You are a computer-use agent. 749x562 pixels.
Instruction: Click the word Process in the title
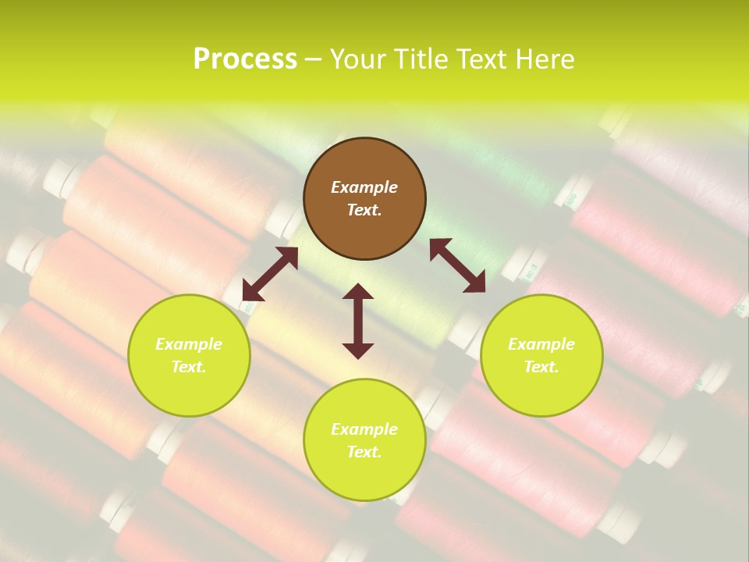pyautogui.click(x=245, y=59)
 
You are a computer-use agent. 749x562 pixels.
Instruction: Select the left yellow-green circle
pyautogui.click(x=189, y=390)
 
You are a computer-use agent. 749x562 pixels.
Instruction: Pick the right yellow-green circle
pyautogui.click(x=541, y=390)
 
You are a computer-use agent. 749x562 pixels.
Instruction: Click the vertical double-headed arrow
pyautogui.click(x=358, y=322)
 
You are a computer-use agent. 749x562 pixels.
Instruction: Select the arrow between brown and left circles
pyautogui.click(x=270, y=274)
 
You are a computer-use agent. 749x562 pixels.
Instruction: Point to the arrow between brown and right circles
pyautogui.click(x=457, y=265)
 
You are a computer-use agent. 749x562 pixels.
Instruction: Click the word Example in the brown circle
pyautogui.click(x=364, y=187)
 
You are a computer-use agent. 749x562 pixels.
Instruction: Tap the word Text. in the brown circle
pyautogui.click(x=364, y=210)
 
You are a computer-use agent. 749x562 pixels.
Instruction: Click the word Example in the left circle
pyautogui.click(x=189, y=344)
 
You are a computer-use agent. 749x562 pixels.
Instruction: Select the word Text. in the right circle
pyautogui.click(x=541, y=367)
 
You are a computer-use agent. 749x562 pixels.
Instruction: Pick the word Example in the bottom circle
pyautogui.click(x=364, y=429)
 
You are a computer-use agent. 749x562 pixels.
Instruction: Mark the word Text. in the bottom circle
pyautogui.click(x=364, y=452)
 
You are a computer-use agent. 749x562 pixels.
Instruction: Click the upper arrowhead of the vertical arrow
pyautogui.click(x=358, y=292)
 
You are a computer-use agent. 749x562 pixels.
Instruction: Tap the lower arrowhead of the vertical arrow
pyautogui.click(x=358, y=350)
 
